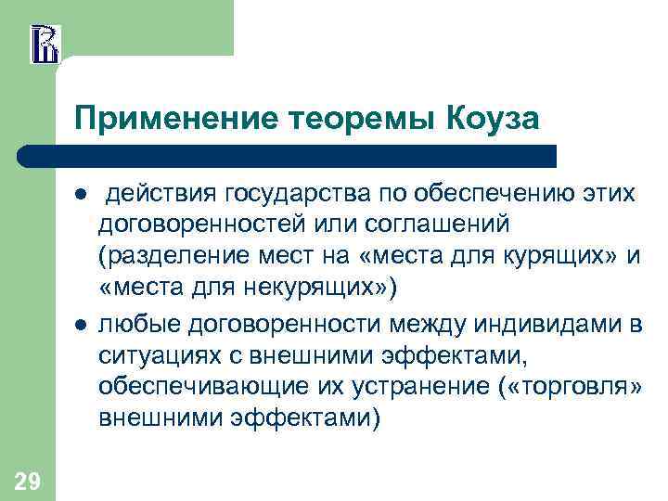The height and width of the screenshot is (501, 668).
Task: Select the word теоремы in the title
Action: point(357,118)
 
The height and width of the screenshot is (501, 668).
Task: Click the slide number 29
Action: point(27,481)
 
